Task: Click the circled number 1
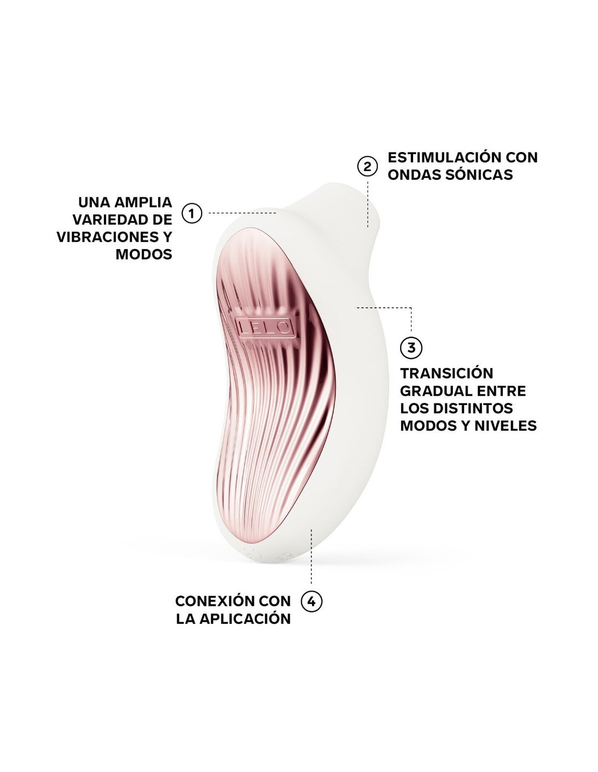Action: tap(191, 213)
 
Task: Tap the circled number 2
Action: tap(367, 167)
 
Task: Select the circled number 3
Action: tap(411, 347)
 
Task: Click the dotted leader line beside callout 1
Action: tap(242, 213)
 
